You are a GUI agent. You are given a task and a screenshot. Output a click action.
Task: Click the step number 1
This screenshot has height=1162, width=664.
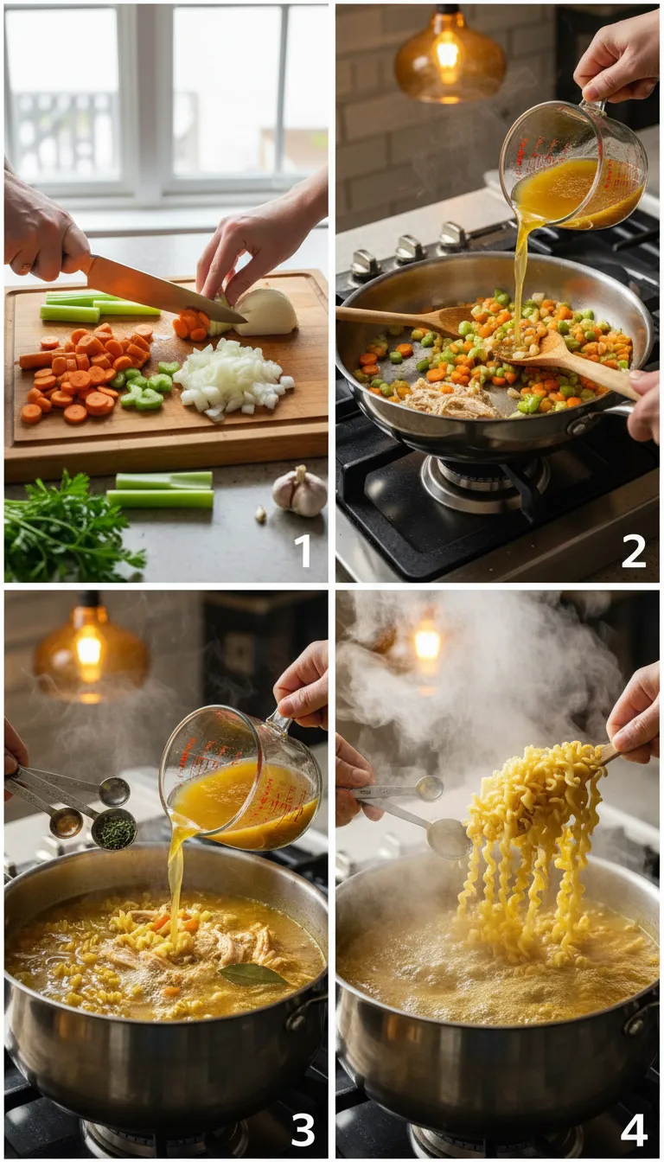click(x=303, y=551)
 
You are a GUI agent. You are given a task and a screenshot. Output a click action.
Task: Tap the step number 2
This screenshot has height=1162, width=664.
click(x=634, y=551)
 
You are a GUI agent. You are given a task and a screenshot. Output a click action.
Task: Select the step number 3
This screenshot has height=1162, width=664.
click(x=303, y=1130)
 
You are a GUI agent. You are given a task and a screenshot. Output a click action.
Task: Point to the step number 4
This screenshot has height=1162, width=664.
click(x=634, y=1130)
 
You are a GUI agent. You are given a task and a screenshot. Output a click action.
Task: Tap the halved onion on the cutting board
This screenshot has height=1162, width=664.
click(x=265, y=312)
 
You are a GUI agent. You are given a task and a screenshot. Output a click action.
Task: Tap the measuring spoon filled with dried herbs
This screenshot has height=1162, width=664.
click(x=114, y=830)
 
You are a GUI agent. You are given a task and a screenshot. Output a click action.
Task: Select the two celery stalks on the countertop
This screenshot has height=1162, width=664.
click(x=162, y=489)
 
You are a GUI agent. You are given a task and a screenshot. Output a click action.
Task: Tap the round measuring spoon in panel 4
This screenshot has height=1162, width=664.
click(x=449, y=837)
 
